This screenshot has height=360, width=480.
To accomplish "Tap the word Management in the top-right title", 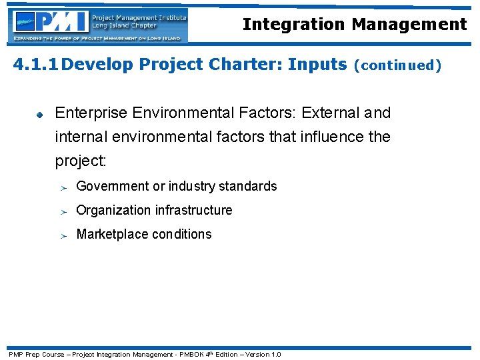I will click(409, 25).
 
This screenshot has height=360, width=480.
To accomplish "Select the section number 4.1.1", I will click(37, 65).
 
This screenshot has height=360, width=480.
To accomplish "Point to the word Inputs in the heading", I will click(317, 65).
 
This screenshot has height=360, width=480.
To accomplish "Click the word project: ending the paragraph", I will click(80, 162).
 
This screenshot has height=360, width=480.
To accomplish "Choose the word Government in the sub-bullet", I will click(113, 186).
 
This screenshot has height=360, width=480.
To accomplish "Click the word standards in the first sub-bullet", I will click(249, 186).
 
